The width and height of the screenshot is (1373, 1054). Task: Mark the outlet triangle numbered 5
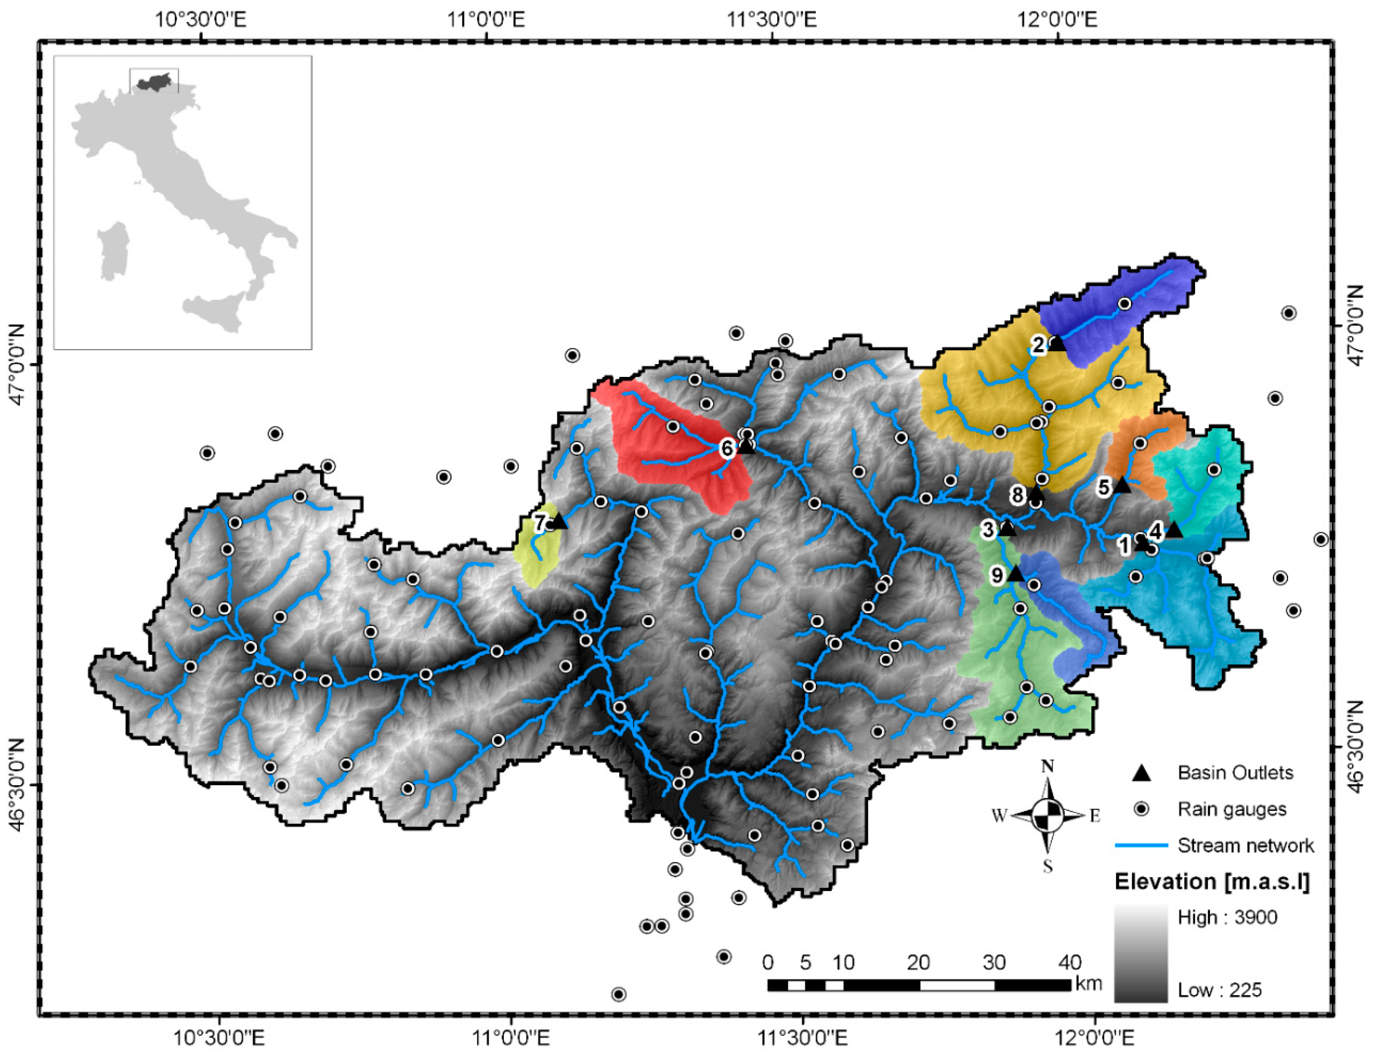(1121, 485)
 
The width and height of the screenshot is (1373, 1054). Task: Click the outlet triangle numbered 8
(1036, 494)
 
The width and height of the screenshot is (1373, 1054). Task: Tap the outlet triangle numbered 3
(1007, 529)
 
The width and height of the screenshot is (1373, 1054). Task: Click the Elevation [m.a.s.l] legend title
(1212, 882)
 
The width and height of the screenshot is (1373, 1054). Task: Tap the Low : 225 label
(1219, 991)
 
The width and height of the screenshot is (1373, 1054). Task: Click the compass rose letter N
(1047, 767)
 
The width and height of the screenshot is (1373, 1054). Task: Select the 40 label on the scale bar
(1070, 962)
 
